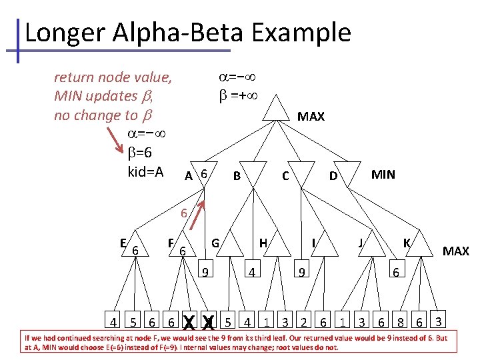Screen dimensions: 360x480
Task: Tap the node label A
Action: tap(189, 176)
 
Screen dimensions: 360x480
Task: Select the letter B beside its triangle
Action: tap(236, 176)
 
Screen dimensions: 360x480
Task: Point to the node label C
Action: tap(285, 176)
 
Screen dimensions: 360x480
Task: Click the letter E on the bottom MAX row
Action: tap(124, 243)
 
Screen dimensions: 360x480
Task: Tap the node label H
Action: tap(263, 243)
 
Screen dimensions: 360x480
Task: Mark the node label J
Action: tap(360, 243)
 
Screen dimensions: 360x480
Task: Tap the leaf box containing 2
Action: tap(304, 323)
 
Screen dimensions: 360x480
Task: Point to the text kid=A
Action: tap(145, 172)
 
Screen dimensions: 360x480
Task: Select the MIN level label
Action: tap(383, 175)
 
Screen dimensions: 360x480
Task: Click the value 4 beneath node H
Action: tap(251, 272)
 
